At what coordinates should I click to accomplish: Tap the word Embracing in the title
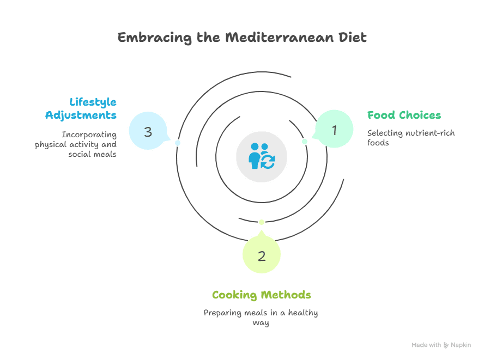(x=147, y=38)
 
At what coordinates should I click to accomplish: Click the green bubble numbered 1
(x=335, y=130)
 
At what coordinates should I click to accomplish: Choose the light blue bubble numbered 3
(x=148, y=131)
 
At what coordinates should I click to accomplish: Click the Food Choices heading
(x=404, y=115)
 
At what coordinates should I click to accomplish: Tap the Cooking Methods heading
(x=262, y=295)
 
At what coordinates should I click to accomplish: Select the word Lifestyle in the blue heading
(x=93, y=102)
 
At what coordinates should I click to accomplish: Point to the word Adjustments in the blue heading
(x=81, y=115)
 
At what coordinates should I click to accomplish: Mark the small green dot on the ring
(x=305, y=142)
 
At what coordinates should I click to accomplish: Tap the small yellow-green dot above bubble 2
(x=262, y=222)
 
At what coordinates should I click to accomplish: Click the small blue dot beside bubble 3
(x=177, y=143)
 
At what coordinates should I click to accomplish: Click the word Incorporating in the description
(x=89, y=135)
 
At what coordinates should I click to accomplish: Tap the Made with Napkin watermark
(x=441, y=345)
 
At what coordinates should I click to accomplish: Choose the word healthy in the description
(x=304, y=313)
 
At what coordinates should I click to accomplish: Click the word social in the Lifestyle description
(x=80, y=154)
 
